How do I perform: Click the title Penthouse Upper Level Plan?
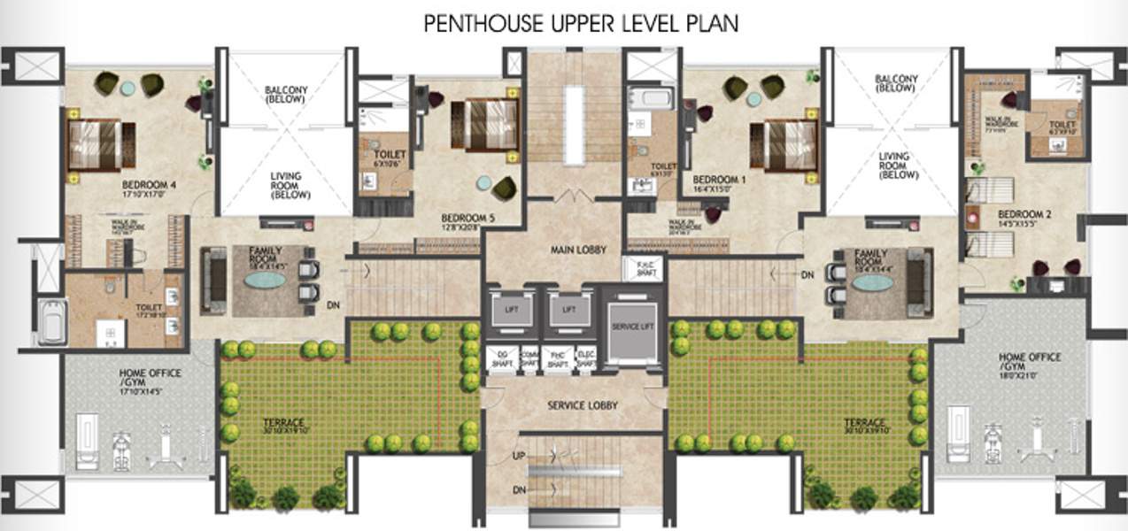point(580,23)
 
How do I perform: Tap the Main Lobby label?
point(579,250)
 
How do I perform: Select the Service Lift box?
point(631,328)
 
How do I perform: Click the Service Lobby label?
point(582,405)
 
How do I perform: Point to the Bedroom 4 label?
point(150,186)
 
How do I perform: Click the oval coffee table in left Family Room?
point(265,280)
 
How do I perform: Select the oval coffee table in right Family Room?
point(873,281)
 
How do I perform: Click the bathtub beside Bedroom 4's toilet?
point(51,322)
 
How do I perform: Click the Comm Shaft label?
point(529,358)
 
